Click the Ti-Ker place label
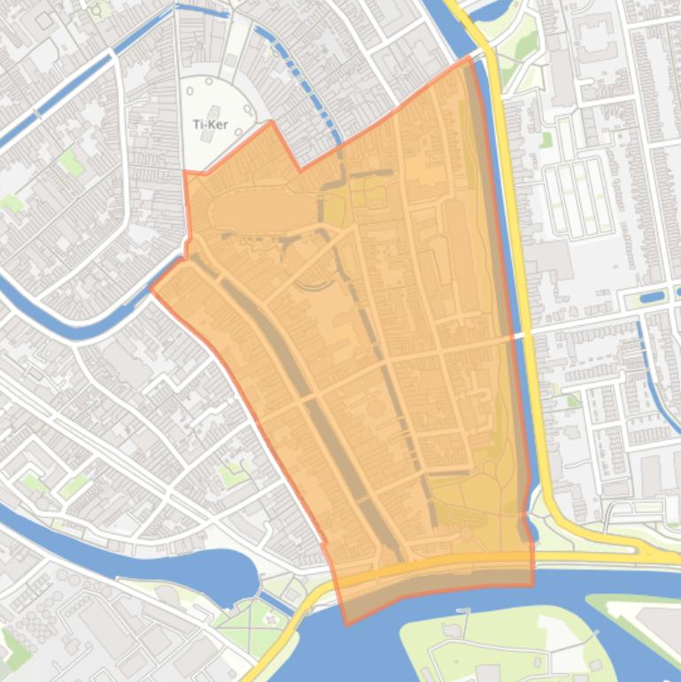210,125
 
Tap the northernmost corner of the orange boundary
469,58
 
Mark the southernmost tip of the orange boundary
346,624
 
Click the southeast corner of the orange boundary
533,585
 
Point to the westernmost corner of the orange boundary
151,288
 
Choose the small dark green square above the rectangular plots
546,139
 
